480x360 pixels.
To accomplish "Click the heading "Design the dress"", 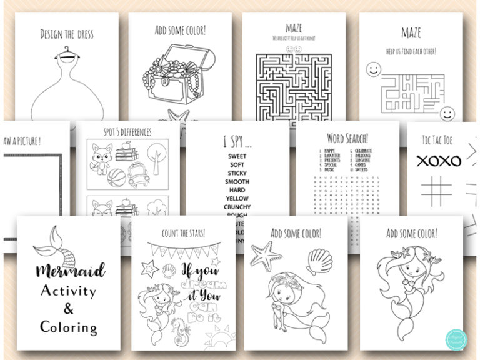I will (x=66, y=34).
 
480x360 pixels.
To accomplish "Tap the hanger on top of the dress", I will (x=66, y=54).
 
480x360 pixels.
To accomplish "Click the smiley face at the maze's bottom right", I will (x=447, y=113).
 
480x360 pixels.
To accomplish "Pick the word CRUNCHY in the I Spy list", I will (x=237, y=207).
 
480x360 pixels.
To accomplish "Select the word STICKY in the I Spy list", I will (x=237, y=173).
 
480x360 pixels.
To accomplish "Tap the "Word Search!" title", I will (x=347, y=137).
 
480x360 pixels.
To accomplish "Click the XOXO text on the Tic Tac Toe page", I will (x=439, y=161).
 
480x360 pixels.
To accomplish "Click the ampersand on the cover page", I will (x=69, y=309).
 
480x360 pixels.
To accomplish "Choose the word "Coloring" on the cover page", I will (x=69, y=327).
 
